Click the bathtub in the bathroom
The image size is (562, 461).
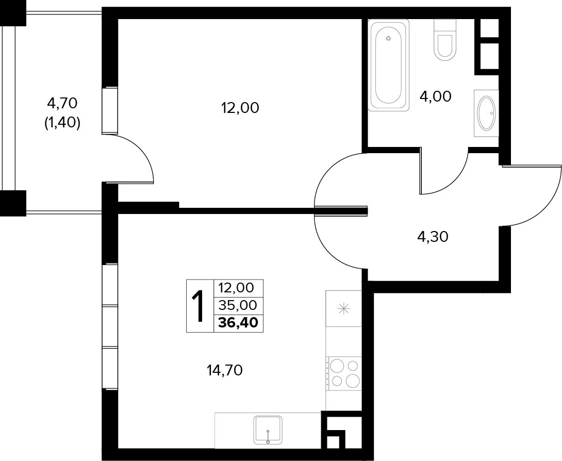pyautogui.click(x=389, y=65)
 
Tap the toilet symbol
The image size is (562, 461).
pyautogui.click(x=445, y=39)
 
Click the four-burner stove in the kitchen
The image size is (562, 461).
pyautogui.click(x=343, y=373)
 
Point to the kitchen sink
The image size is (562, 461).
pyautogui.click(x=268, y=430)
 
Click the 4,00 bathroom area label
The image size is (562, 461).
pyautogui.click(x=436, y=96)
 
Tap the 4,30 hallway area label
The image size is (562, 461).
pyautogui.click(x=433, y=237)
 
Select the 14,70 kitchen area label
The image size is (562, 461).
pyautogui.click(x=225, y=370)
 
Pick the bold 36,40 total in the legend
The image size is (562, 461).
pyautogui.click(x=238, y=323)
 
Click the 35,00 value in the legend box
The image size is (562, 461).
pyautogui.click(x=238, y=305)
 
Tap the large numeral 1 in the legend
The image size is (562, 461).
pyautogui.click(x=198, y=306)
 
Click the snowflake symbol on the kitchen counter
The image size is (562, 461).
pyautogui.click(x=344, y=309)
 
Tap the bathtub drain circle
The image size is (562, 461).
pyautogui.click(x=389, y=38)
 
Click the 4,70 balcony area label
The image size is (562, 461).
pyautogui.click(x=62, y=103)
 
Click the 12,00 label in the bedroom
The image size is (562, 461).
pyautogui.click(x=240, y=108)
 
